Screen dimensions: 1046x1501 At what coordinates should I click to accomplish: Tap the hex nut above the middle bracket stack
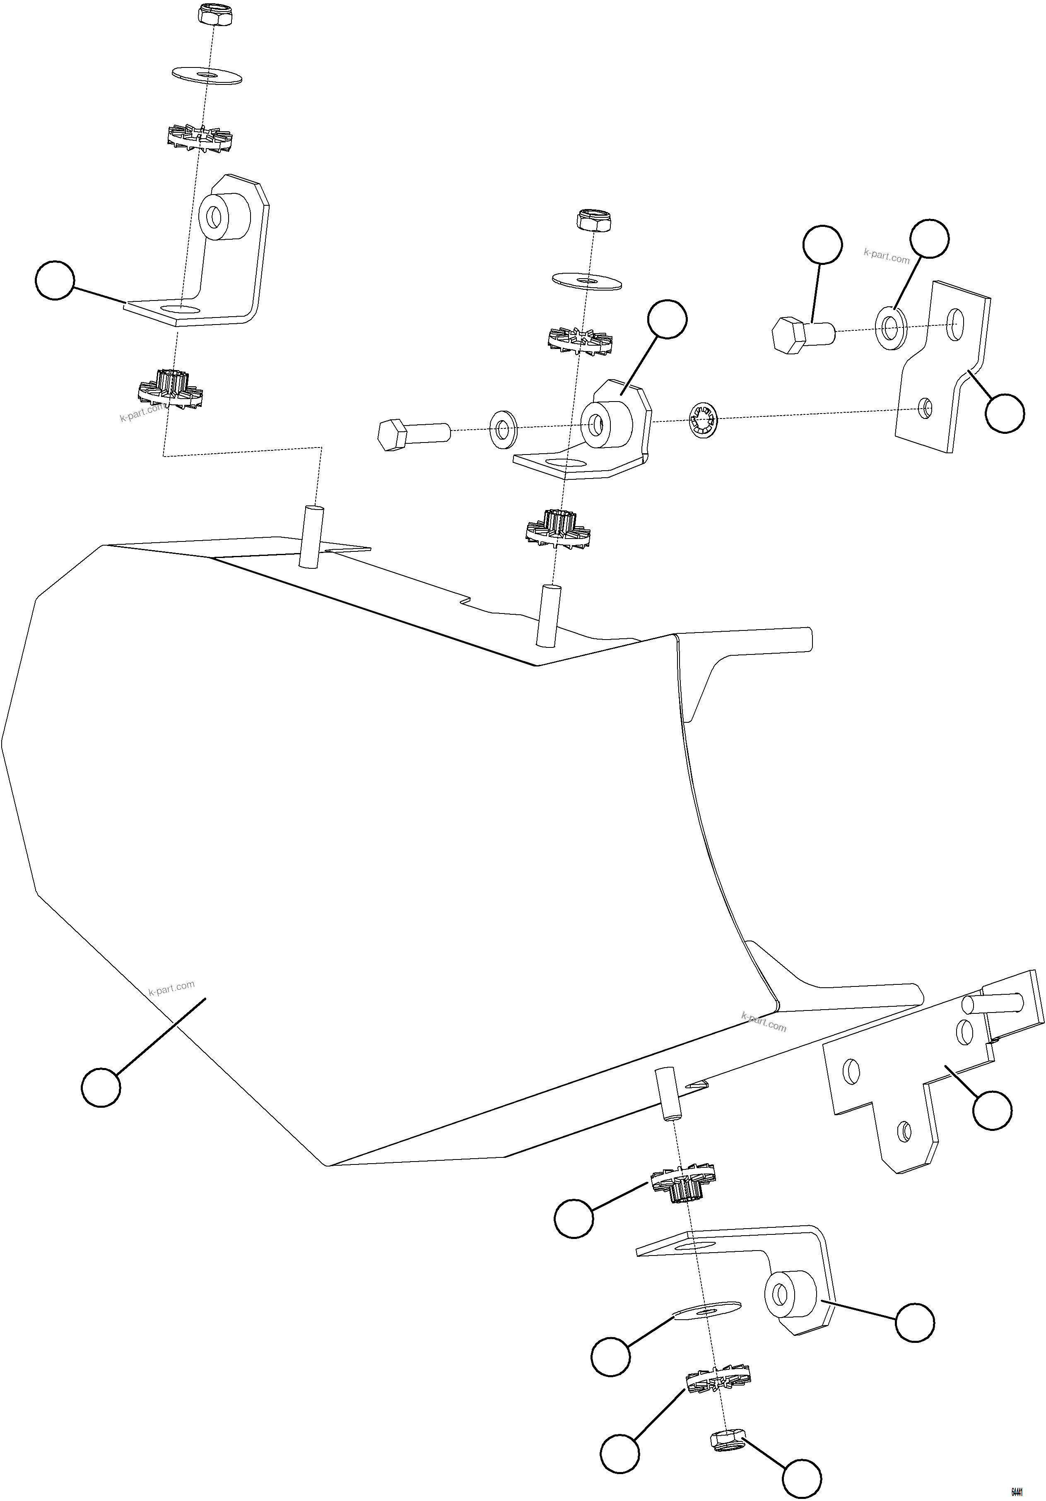[x=594, y=220]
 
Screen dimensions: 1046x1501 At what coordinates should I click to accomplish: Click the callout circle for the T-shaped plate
[x=992, y=1109]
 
